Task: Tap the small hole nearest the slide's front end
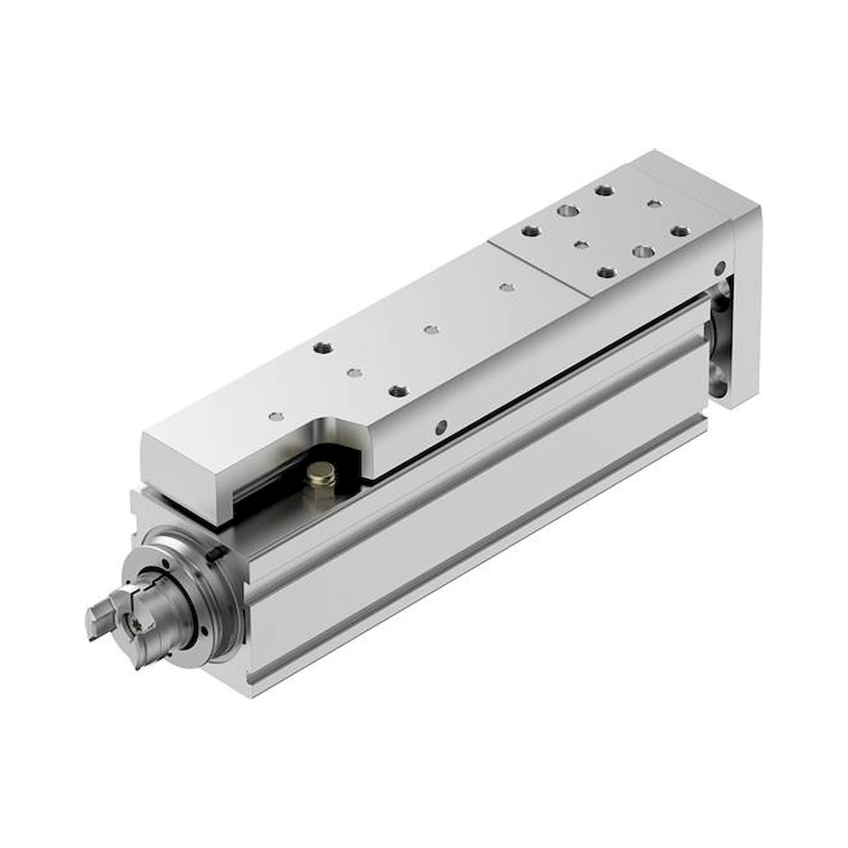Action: coord(275,416)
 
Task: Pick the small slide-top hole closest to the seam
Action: coord(507,287)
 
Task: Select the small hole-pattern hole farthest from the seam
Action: coord(654,204)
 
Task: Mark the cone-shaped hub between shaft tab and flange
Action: coord(173,608)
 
